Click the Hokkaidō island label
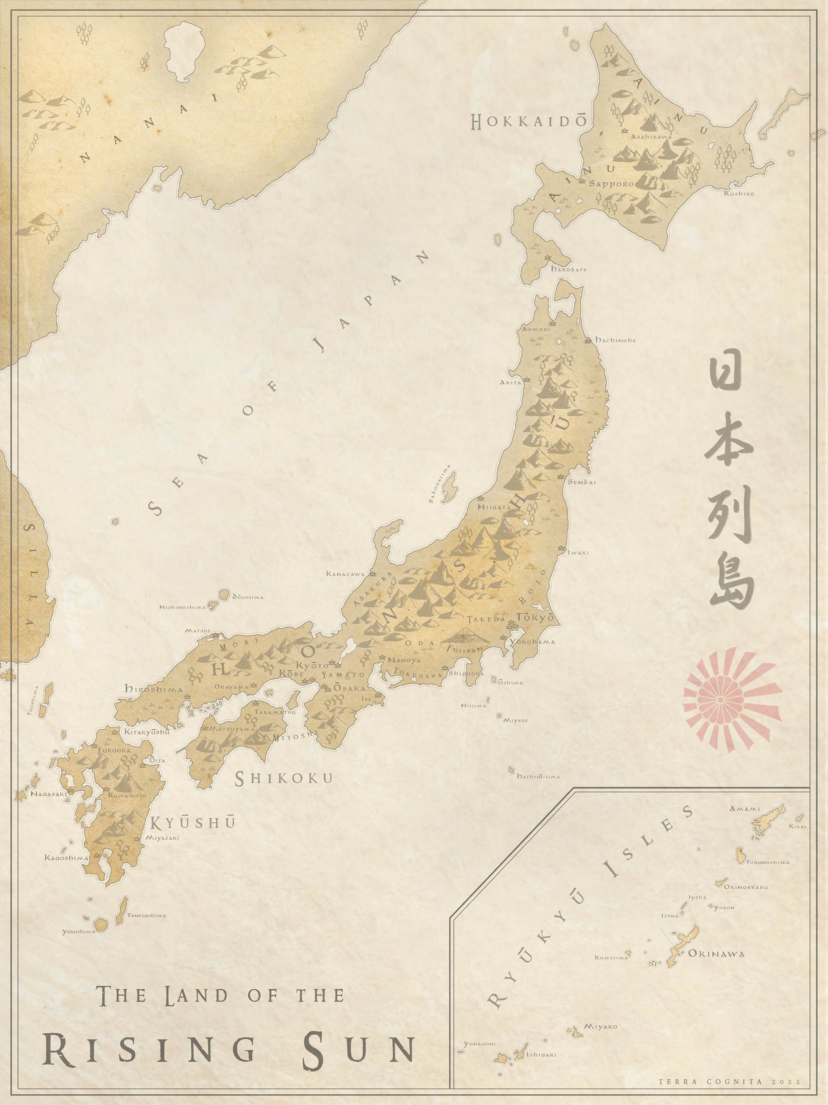click(x=528, y=122)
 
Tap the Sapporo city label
click(x=611, y=184)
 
